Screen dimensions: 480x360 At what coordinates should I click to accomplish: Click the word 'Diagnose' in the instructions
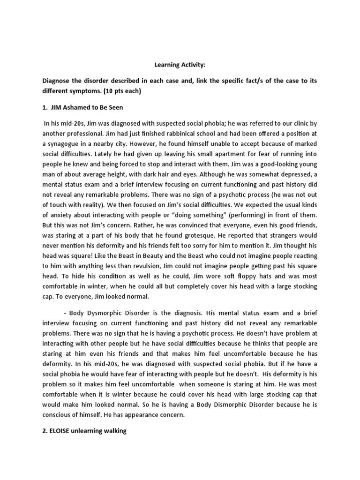click(56, 81)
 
